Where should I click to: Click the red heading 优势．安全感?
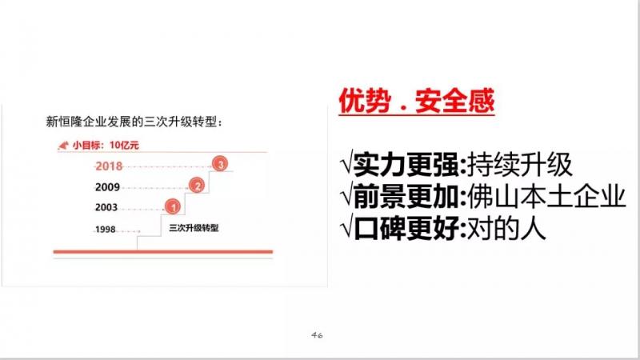point(416,101)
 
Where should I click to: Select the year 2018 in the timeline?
point(109,166)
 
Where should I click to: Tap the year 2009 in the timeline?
point(107,187)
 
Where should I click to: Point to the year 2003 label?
point(106,207)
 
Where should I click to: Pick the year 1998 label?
point(106,230)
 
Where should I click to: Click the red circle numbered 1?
point(173,207)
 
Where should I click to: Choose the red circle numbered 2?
point(197,186)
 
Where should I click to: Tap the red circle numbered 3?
point(220,164)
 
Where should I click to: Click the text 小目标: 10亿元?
point(106,145)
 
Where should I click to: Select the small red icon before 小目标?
point(63,145)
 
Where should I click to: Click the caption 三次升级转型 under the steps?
point(194,228)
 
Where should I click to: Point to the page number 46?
point(317,335)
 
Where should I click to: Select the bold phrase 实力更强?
point(406,165)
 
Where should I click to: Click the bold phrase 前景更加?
point(406,196)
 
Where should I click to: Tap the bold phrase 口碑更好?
point(406,228)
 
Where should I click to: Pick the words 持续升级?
point(519,165)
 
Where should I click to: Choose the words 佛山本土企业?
point(546,196)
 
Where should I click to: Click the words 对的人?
point(506,228)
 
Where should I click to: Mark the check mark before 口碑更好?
point(346,228)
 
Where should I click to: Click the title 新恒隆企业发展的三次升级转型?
point(134,122)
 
